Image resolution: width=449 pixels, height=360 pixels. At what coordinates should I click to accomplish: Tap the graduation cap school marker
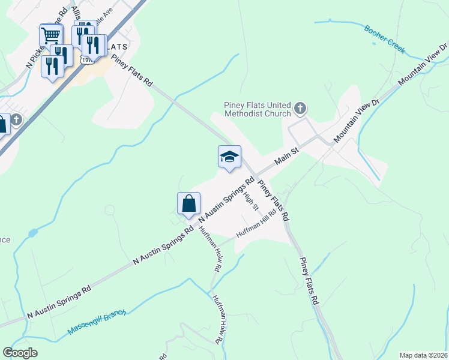coord(229,158)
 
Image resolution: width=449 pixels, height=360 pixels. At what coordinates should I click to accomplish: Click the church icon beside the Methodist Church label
coord(301,109)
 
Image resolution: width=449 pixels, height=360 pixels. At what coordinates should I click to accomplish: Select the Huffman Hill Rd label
coord(256,223)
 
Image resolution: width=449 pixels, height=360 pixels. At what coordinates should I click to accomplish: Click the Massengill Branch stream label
coord(97,323)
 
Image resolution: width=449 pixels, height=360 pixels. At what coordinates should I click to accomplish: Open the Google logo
coord(20,353)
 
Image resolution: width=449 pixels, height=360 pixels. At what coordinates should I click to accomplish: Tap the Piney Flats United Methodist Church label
coord(258,109)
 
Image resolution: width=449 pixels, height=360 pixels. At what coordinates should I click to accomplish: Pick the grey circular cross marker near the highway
coord(16,119)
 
